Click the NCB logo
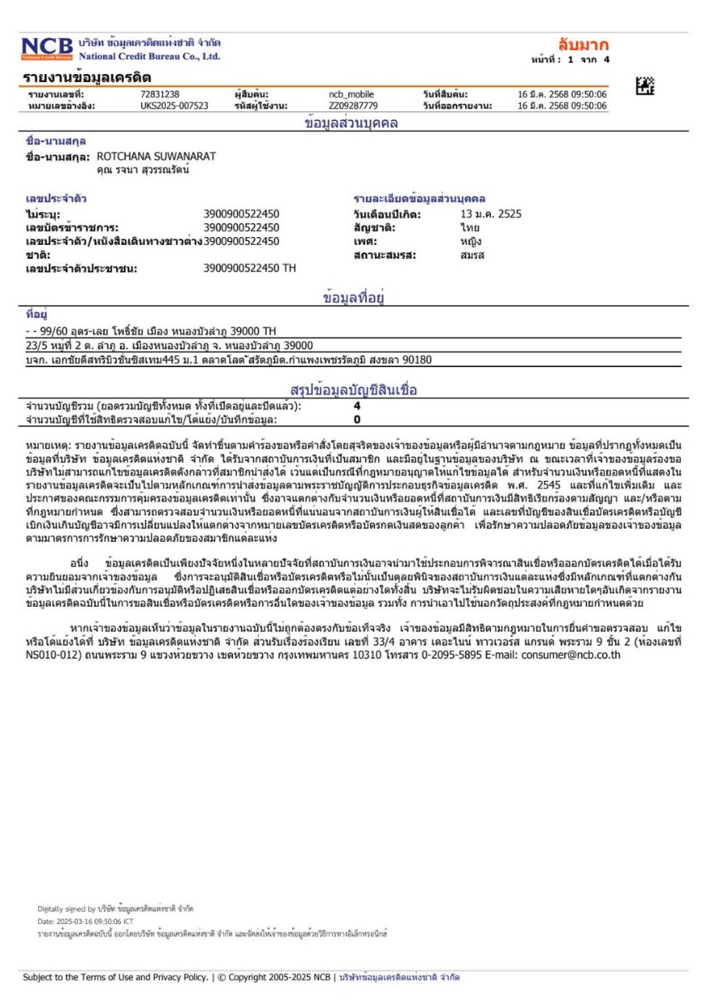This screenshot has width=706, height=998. click(46, 48)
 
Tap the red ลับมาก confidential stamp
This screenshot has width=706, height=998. click(583, 44)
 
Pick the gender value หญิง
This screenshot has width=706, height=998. click(470, 242)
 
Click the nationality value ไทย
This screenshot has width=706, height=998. click(469, 228)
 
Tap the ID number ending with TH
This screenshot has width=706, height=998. click(249, 269)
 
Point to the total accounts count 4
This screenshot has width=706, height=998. click(357, 406)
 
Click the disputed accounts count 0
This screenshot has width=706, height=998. click(357, 419)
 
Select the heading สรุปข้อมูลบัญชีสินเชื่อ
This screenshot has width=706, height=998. click(355, 390)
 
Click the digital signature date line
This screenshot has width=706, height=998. click(85, 921)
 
